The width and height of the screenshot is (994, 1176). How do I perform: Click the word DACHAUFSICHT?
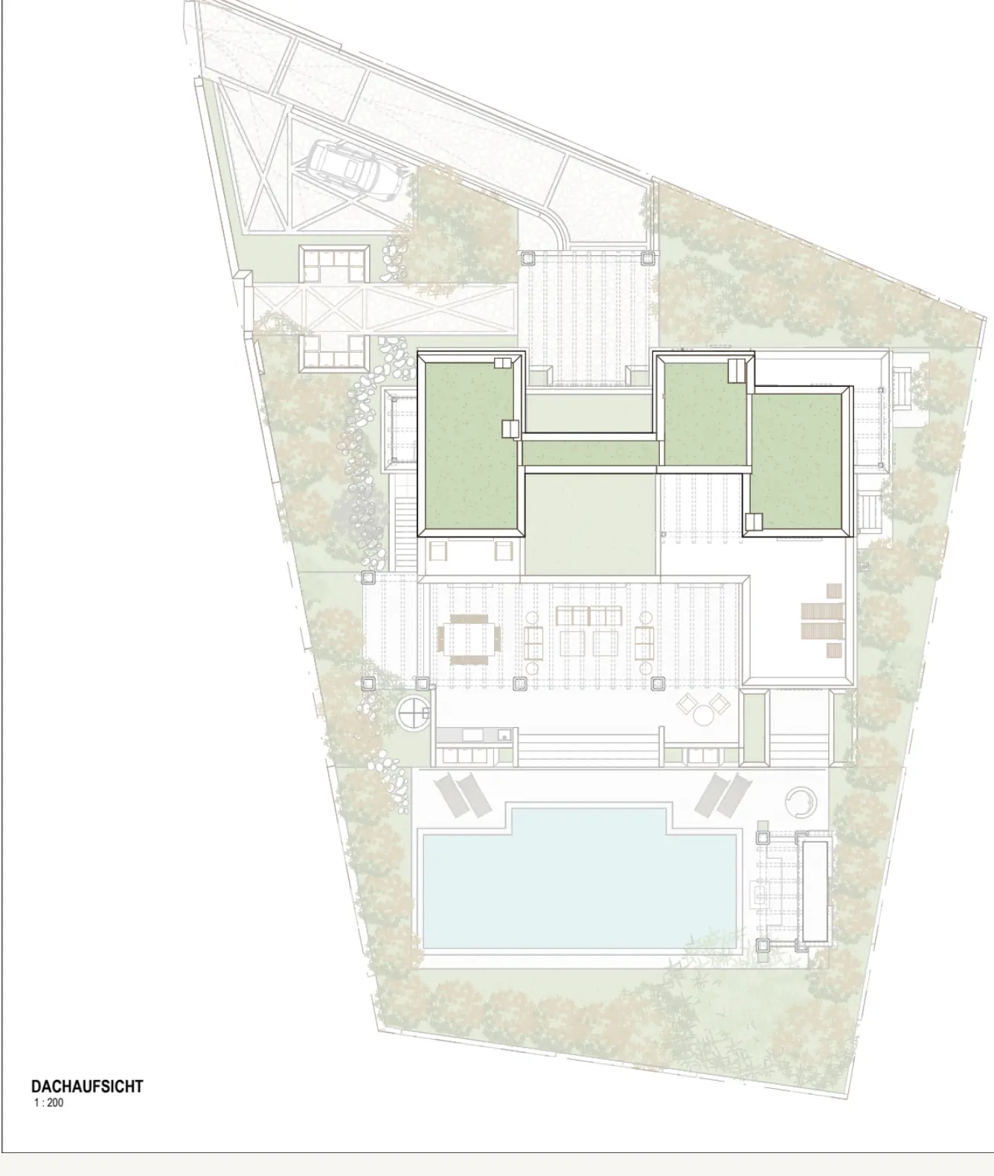click(87, 1086)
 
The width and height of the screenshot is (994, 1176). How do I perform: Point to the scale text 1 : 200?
click(49, 1102)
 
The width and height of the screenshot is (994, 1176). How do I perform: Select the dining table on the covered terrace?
click(469, 639)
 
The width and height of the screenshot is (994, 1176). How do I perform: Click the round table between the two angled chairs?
click(703, 715)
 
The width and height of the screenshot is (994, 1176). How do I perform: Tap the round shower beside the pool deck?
click(801, 802)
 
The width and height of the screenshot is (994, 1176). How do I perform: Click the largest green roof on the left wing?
click(469, 446)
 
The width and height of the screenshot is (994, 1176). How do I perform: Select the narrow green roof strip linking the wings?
click(590, 453)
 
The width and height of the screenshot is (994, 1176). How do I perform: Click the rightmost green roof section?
click(796, 460)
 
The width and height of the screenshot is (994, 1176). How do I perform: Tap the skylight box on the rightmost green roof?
click(754, 521)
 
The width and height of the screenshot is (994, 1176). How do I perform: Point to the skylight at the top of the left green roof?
click(503, 362)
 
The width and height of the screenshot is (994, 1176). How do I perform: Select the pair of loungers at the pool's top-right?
click(723, 794)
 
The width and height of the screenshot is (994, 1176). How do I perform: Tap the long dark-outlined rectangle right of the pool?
click(815, 891)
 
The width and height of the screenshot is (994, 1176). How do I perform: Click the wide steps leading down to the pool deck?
click(589, 750)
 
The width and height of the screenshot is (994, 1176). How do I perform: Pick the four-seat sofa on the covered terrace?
click(589, 616)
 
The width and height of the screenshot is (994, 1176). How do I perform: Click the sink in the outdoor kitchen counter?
click(472, 735)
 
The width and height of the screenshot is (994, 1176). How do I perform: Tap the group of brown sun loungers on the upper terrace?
click(822, 620)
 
